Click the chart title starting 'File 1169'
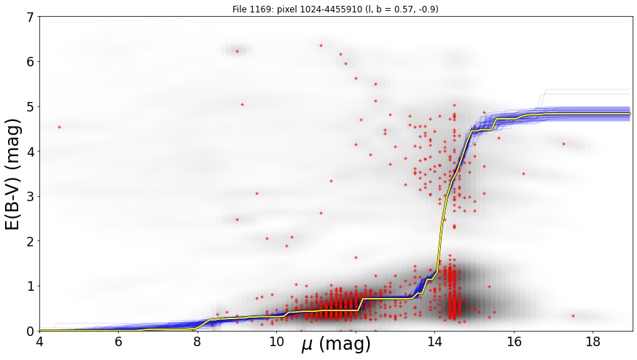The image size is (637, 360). coord(335,9)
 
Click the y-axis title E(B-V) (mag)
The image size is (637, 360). coord(13,174)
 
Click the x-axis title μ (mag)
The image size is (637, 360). coord(336,345)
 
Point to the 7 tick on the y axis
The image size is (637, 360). coord(31,17)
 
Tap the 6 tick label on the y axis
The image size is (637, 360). coord(31,62)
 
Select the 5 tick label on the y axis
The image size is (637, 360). coord(31,107)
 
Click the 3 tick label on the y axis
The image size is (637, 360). coord(31,197)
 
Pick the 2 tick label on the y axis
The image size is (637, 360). coord(31,241)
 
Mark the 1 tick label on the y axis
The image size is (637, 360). coord(31,286)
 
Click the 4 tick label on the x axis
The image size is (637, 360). coord(39,341)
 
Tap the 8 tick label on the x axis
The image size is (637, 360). coord(198,341)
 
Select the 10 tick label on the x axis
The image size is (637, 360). coord(277,341)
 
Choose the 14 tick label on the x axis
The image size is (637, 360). coord(435,341)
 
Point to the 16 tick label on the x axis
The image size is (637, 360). coord(515,341)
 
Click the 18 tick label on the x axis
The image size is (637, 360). coord(593,341)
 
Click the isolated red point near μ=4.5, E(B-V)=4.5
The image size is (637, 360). coord(59,128)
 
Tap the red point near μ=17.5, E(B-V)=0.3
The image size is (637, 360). coord(573,316)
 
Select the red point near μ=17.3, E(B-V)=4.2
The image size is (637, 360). coord(563,144)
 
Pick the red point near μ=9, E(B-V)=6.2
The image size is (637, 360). coord(238,51)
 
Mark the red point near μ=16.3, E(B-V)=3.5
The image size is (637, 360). coord(523,173)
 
